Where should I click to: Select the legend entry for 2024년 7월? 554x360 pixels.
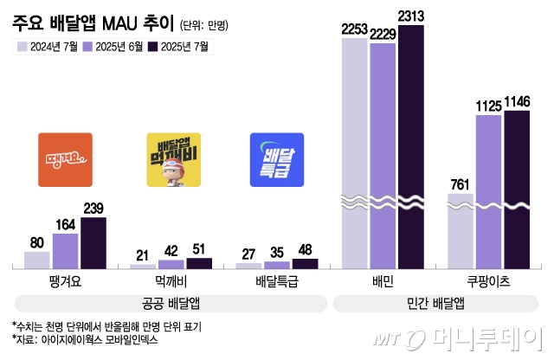49,47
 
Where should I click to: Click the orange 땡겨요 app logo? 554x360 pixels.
65,160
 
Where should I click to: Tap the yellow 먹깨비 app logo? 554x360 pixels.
173,160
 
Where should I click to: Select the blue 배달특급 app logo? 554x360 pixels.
276,160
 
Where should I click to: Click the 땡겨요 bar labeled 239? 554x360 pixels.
93,242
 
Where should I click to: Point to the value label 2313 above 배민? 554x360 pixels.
411,15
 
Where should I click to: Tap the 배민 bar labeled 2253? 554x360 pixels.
355,147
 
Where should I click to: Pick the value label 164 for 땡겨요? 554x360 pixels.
65,223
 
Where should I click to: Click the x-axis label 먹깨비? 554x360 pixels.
172,281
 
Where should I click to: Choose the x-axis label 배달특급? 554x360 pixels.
276,281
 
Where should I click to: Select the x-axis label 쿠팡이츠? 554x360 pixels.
489,281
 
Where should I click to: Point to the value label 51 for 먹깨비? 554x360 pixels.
199,249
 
